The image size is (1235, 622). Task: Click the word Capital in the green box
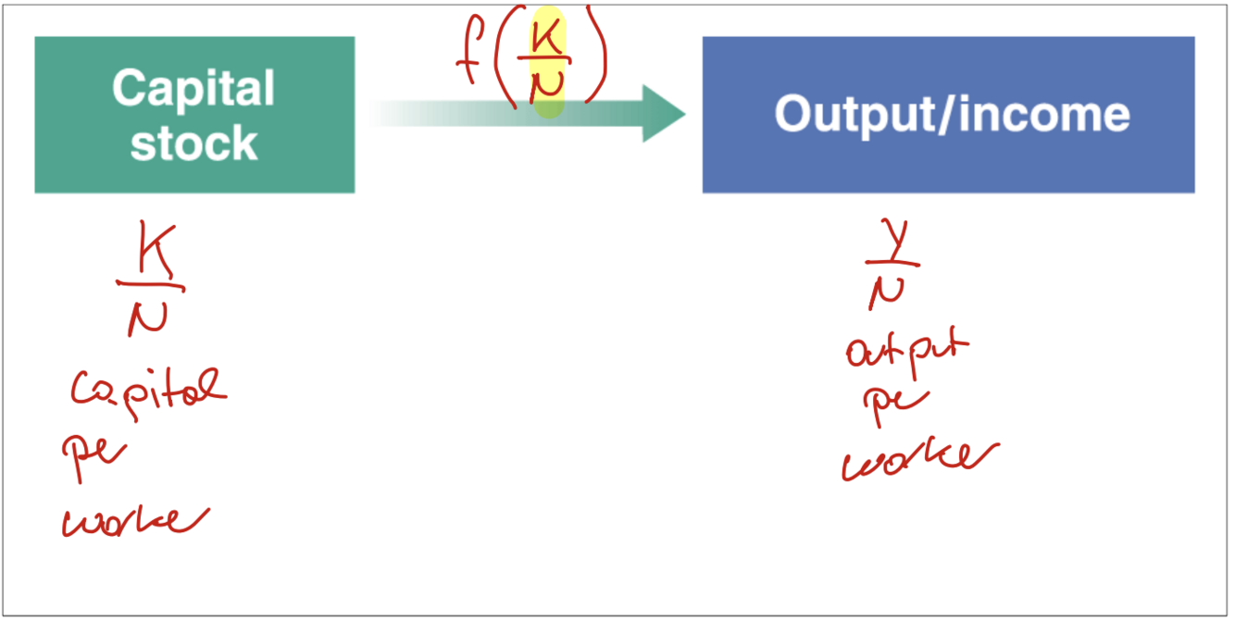click(193, 89)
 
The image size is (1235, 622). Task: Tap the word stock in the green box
click(193, 143)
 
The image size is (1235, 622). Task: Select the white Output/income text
click(952, 114)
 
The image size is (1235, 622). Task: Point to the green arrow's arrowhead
click(662, 113)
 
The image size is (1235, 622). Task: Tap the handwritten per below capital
click(93, 454)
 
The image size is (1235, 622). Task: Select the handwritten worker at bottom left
click(134, 520)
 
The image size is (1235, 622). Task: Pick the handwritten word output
click(905, 352)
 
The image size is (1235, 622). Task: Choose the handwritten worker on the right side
click(918, 458)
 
